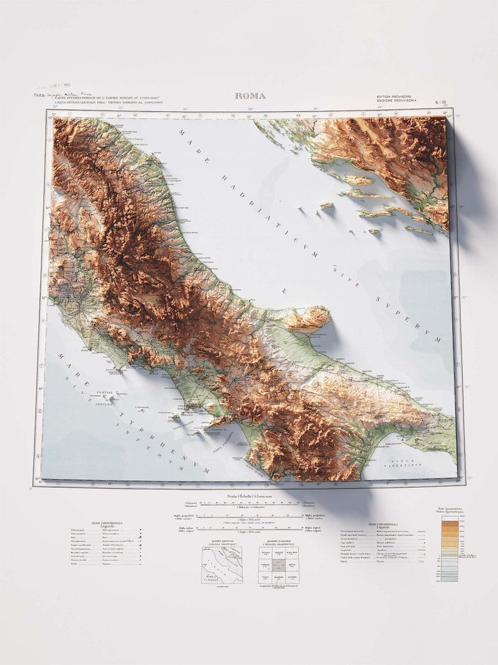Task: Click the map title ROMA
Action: pyautogui.click(x=250, y=96)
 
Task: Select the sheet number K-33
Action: pyautogui.click(x=441, y=102)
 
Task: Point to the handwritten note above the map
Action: pyautogui.click(x=63, y=95)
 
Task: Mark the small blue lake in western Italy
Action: pyautogui.click(x=65, y=289)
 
